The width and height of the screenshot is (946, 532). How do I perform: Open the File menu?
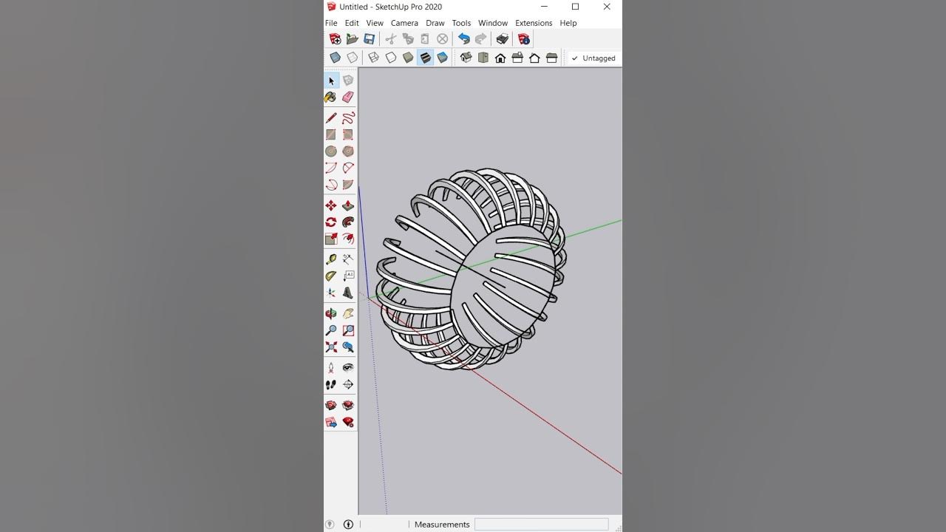tap(331, 23)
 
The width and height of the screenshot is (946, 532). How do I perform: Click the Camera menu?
tap(404, 23)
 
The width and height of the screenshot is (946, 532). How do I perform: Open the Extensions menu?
tap(533, 23)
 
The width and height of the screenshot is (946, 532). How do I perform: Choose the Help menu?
tap(568, 23)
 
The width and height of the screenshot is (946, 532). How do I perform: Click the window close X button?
tap(607, 7)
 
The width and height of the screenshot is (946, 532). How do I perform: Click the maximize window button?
tap(575, 7)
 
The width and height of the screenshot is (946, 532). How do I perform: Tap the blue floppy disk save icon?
tap(369, 39)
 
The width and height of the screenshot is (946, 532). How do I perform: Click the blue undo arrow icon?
tap(463, 39)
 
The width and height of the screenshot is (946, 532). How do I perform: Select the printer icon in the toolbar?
tap(502, 39)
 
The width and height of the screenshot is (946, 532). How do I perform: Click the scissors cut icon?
tap(391, 39)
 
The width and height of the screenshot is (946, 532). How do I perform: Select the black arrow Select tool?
tap(331, 81)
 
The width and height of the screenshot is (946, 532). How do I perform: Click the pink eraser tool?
tap(348, 97)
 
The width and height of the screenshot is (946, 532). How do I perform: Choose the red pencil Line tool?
tap(331, 118)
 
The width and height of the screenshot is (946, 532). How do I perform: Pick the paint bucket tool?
tap(331, 97)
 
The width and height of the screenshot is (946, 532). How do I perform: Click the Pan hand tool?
tap(348, 314)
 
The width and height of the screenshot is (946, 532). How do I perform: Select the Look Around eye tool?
tap(348, 367)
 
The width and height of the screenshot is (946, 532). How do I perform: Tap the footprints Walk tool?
tap(331, 384)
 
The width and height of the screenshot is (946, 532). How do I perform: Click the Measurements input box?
tap(541, 524)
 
